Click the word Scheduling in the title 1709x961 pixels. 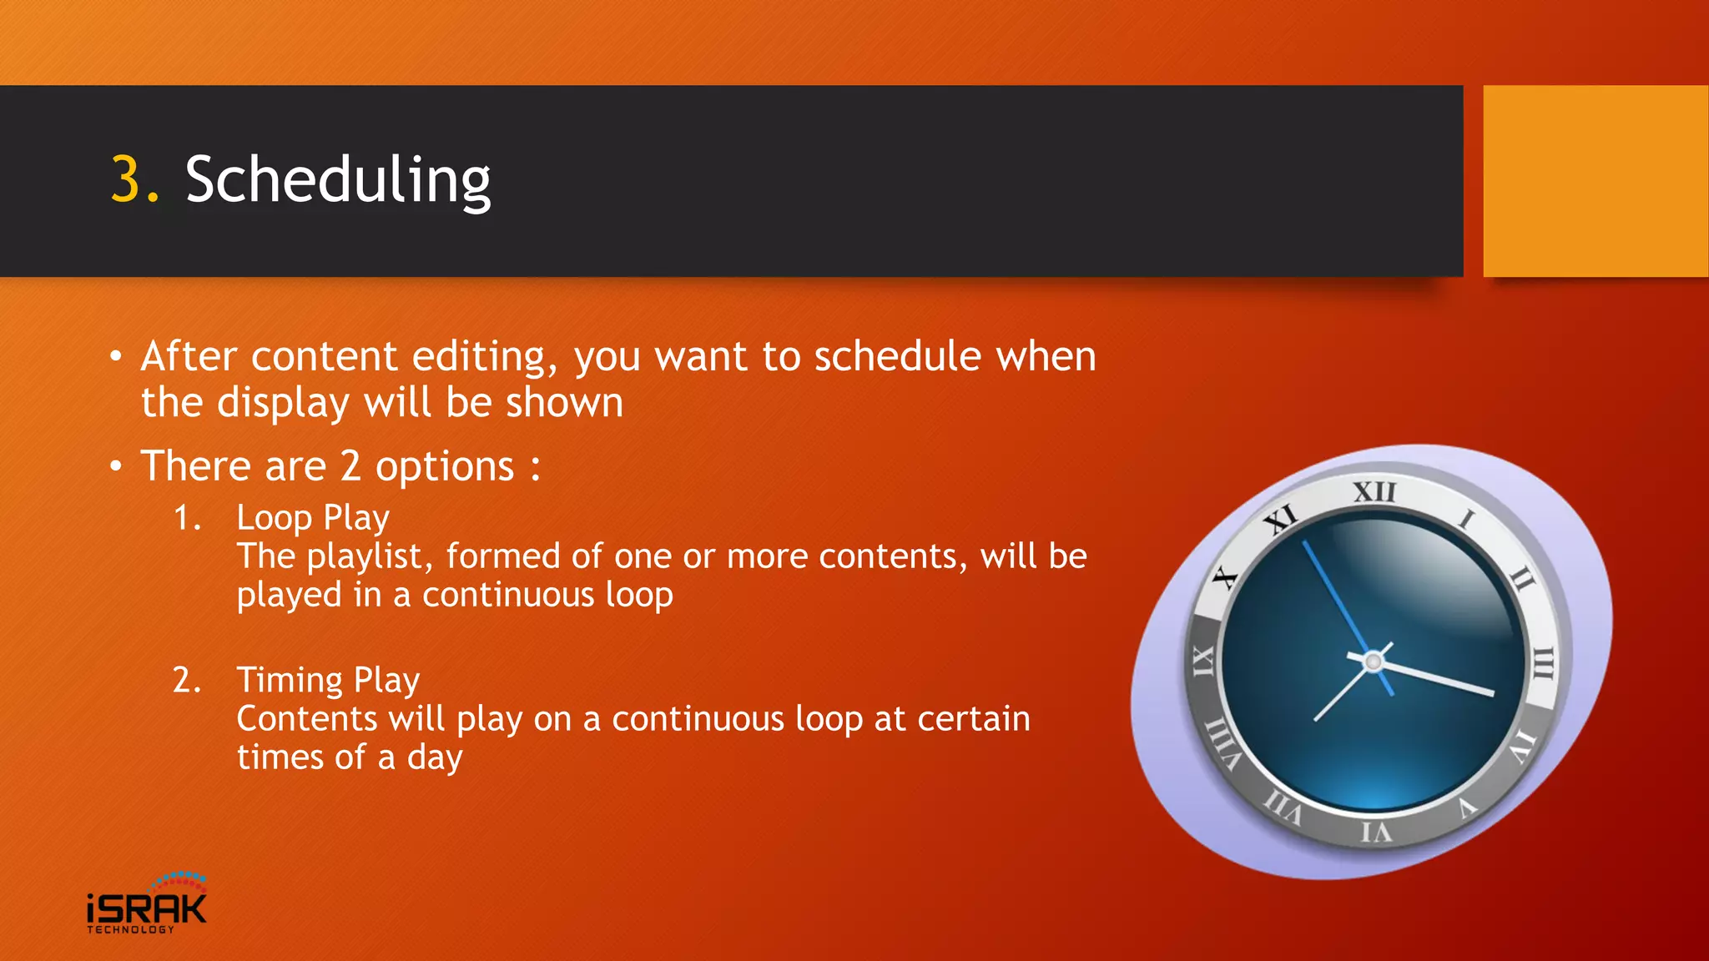point(338,180)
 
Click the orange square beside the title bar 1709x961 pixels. point(1595,181)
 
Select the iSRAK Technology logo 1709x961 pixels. point(147,904)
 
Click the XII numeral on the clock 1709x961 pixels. point(1374,491)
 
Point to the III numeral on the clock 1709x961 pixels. point(1543,664)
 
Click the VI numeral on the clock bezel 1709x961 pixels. point(1376,832)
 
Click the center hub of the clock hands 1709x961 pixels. point(1373,662)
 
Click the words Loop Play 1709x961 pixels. point(313,518)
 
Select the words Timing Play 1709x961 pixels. point(328,680)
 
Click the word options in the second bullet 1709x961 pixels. point(445,466)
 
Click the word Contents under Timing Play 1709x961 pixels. point(306,718)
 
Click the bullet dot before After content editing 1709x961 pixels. point(116,358)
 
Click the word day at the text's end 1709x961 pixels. point(434,757)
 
